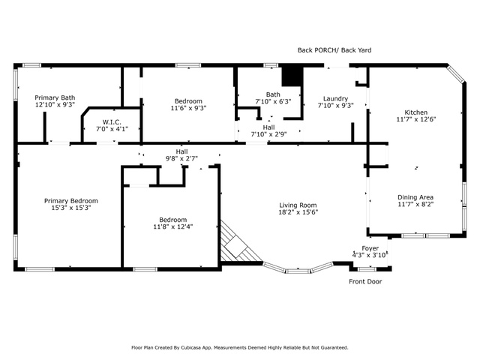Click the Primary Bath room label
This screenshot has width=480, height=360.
tap(55, 97)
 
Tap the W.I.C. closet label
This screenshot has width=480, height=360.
tap(112, 122)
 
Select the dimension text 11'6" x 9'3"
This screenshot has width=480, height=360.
tap(188, 108)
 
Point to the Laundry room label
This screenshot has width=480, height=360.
tap(335, 98)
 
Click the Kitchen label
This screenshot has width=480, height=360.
tap(416, 112)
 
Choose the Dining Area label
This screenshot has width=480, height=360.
tap(415, 197)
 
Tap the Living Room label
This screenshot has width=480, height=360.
tap(298, 205)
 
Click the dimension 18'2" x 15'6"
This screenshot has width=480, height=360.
tap(298, 212)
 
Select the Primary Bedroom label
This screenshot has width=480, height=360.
tap(71, 201)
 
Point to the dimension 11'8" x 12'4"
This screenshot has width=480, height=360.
tap(173, 226)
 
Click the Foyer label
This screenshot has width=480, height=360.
tap(370, 248)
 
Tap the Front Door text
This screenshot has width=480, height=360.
tap(365, 282)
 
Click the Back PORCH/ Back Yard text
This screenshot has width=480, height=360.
tap(334, 50)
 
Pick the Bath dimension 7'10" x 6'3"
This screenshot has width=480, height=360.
tap(273, 101)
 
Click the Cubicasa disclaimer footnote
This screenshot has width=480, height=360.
tap(240, 348)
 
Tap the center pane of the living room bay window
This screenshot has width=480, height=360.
tap(298, 271)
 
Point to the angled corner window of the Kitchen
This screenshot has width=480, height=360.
tap(456, 73)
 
